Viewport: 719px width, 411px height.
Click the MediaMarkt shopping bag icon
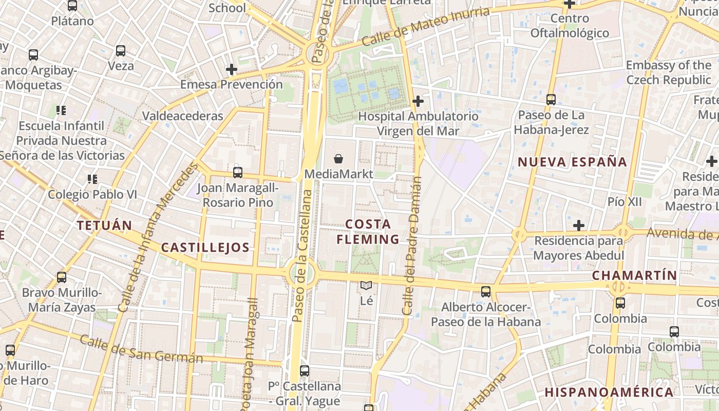(338, 159)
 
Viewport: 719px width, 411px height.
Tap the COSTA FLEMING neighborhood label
(368, 232)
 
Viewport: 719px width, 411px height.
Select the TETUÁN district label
(104, 225)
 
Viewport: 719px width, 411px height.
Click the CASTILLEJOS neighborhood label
(205, 248)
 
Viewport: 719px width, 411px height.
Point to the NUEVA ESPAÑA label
(572, 162)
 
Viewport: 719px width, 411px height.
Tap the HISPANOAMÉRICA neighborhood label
(609, 393)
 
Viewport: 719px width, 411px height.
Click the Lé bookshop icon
(366, 286)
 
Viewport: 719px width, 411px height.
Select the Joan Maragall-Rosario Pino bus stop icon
(237, 173)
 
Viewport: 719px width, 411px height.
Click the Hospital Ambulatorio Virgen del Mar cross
(418, 101)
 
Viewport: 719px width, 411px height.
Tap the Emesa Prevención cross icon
(232, 69)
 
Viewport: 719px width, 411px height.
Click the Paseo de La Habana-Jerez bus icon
(551, 100)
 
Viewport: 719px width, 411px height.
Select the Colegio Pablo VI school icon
(92, 179)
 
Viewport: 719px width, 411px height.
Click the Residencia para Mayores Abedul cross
(579, 226)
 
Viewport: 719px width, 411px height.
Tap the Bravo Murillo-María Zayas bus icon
(62, 277)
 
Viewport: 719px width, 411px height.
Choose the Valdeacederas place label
(183, 116)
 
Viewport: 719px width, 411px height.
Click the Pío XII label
(625, 202)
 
